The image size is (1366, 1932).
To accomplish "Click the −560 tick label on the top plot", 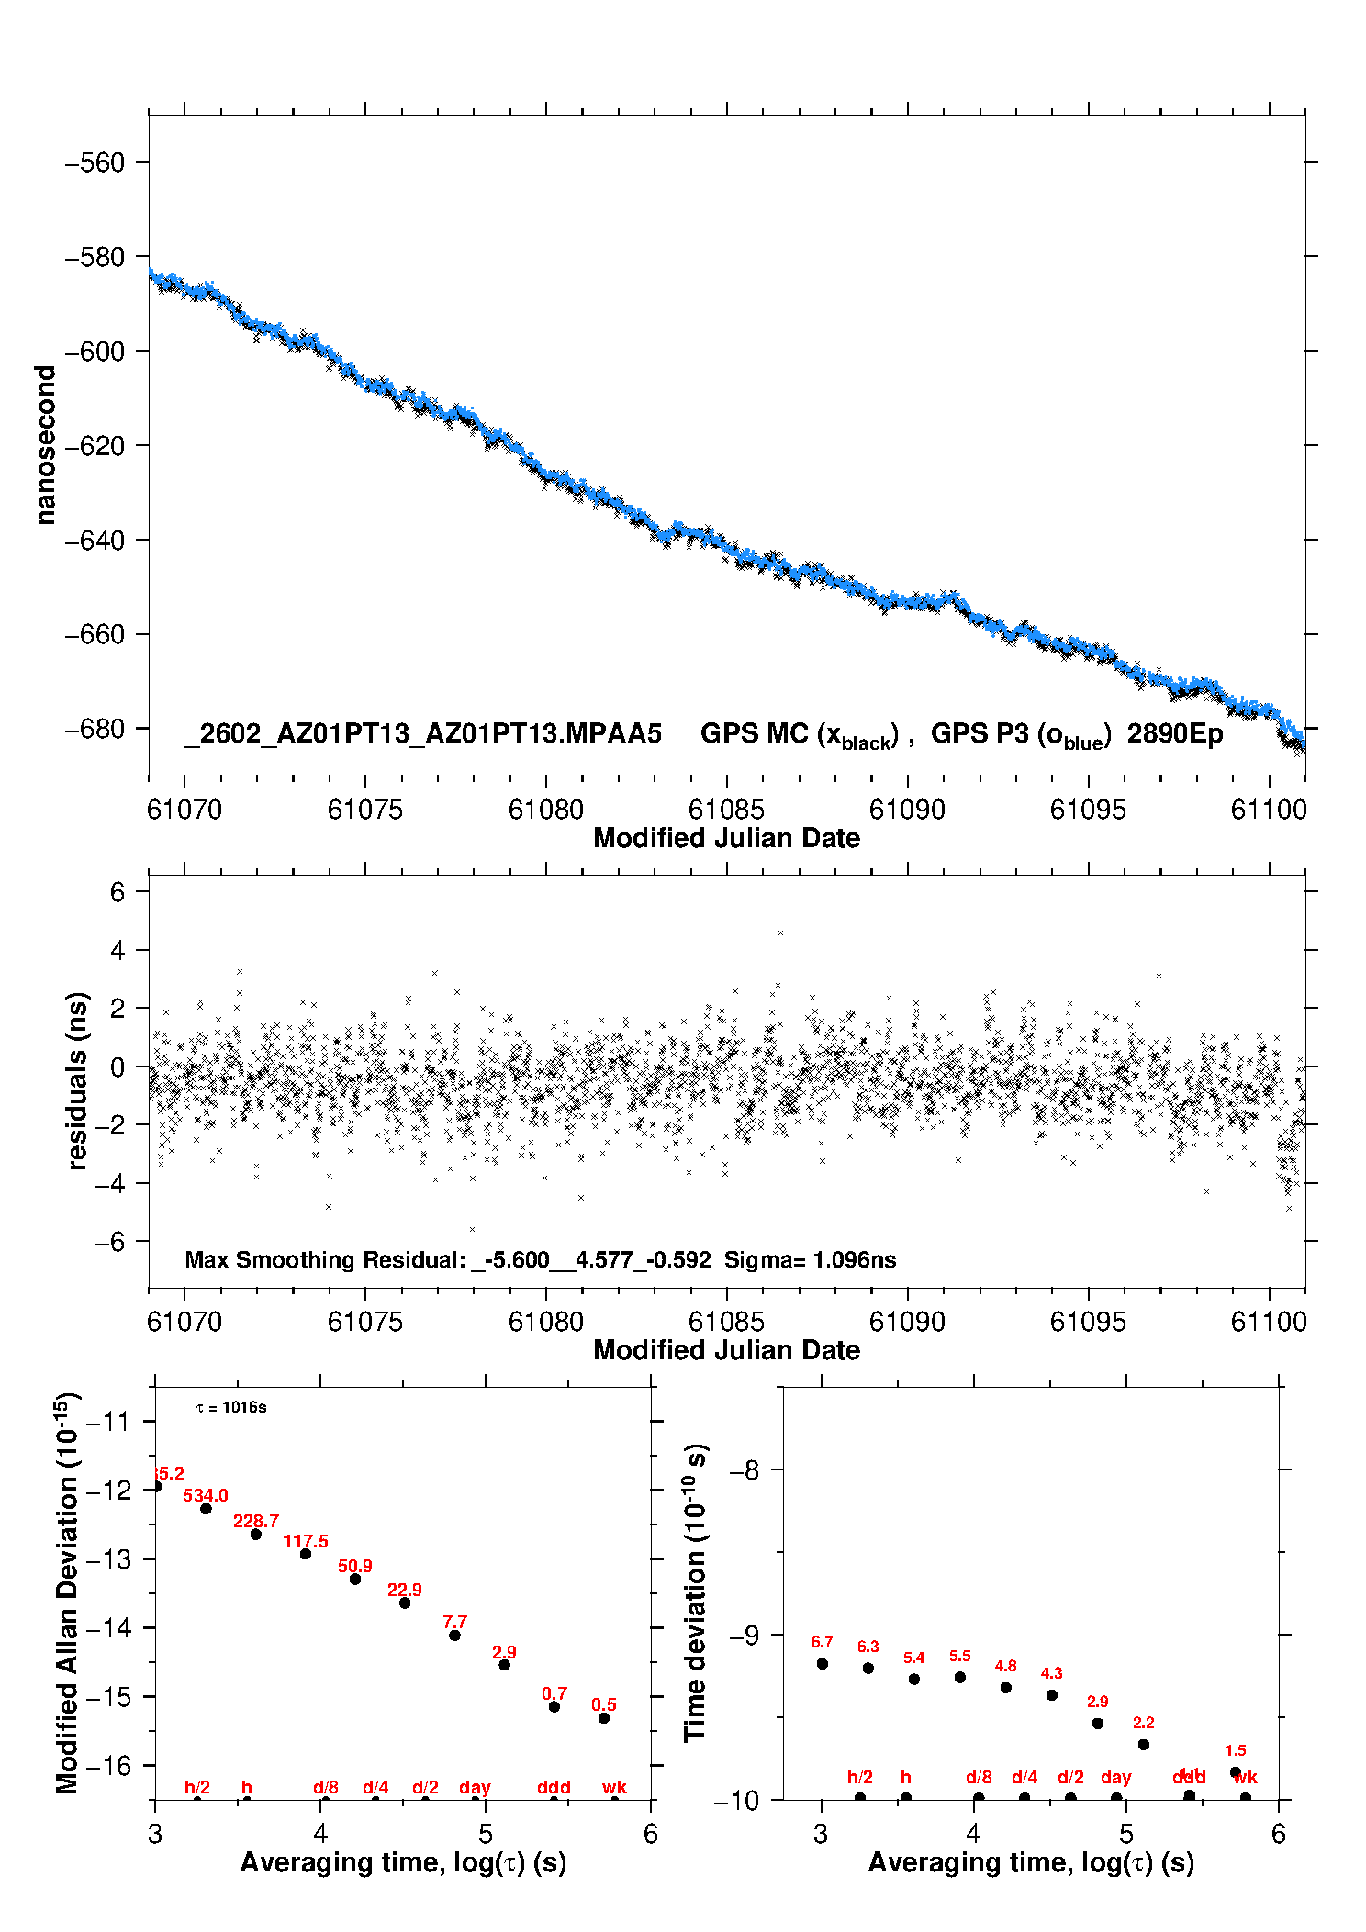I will pos(94,162).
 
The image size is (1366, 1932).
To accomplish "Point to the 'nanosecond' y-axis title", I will pos(45,445).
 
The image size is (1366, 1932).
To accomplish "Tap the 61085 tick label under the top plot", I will pos(726,810).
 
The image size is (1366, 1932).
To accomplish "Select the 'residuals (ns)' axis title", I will pos(77,1080).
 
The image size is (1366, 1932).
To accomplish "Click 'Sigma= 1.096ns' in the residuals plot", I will pos(810,1259).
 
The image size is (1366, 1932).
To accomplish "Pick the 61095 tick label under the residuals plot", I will pos(1088,1322).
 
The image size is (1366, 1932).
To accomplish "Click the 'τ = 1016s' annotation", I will pos(231,1407).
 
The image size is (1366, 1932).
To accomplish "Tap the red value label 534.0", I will pos(206,1495).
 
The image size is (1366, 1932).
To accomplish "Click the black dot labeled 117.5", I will pos(306,1554).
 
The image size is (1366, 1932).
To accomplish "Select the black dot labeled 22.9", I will pos(405,1603).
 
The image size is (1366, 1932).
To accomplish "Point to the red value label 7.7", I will pos(454,1622).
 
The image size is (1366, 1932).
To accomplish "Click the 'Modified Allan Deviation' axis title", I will pos(66,1592).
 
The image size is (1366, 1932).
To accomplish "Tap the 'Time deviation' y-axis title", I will pos(695,1593).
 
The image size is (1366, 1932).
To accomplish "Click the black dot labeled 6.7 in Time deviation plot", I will pos(823,1664).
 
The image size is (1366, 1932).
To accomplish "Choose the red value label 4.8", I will pos(1005,1666).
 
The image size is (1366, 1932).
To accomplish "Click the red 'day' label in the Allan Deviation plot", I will pos(475,1787).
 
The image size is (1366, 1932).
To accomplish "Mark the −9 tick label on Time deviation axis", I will pos(744,1635).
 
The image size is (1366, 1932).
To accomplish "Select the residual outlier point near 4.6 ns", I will pos(780,932).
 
